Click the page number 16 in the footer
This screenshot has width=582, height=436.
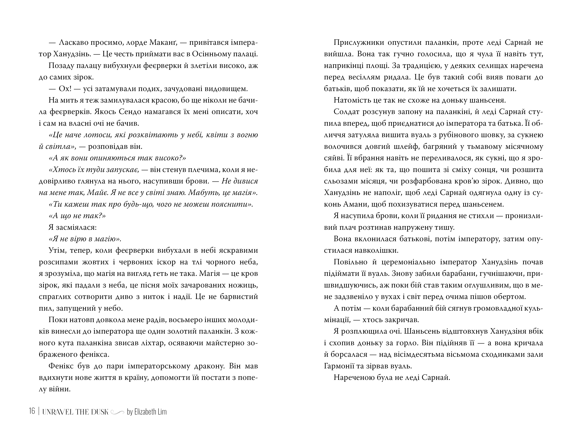pyautogui.click(x=32, y=411)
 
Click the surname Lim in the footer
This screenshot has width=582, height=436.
pyautogui.click(x=162, y=412)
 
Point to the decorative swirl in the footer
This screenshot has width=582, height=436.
pyautogui.click(x=117, y=413)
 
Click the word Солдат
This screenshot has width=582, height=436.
pyautogui.click(x=346, y=112)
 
